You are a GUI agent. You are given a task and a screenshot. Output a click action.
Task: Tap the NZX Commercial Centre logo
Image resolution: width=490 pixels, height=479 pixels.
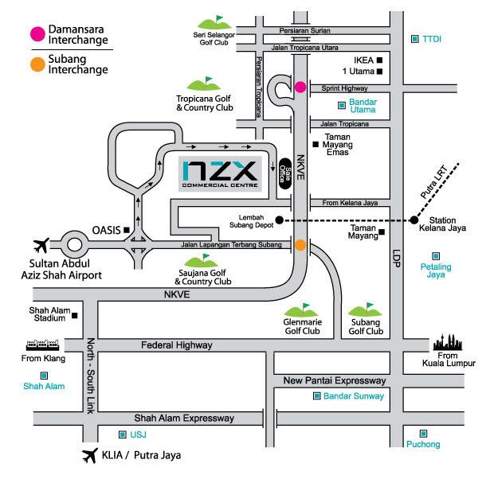coord(218,173)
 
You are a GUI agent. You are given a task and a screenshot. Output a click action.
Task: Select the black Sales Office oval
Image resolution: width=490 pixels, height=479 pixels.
coord(284,170)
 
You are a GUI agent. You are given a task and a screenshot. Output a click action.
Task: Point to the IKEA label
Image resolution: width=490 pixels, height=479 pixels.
coord(363,60)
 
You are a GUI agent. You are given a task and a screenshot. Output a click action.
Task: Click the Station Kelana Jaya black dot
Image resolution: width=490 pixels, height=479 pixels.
coord(414,220)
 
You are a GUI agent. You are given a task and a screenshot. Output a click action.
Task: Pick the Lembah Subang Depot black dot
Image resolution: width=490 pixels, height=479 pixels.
coord(279,220)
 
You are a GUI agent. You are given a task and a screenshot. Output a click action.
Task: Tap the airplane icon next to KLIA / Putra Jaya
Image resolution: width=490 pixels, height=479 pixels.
coord(88,456)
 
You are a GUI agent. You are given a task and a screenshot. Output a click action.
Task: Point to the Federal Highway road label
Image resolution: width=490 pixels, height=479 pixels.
coord(176,345)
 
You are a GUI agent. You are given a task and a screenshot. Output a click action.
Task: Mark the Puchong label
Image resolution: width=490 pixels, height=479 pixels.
coord(421,444)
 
